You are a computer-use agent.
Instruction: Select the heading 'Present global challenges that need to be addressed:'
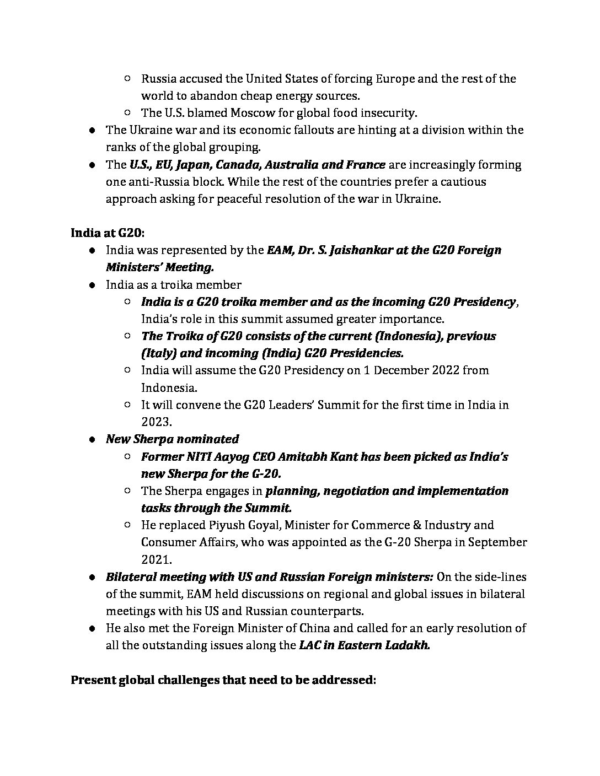[223, 680]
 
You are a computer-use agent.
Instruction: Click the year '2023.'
[157, 422]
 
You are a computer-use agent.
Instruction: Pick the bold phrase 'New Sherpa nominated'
[173, 439]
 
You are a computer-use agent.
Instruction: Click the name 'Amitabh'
[320, 456]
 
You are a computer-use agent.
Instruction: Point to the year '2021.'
[157, 559]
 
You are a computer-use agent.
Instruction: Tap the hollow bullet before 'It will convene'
[127, 405]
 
